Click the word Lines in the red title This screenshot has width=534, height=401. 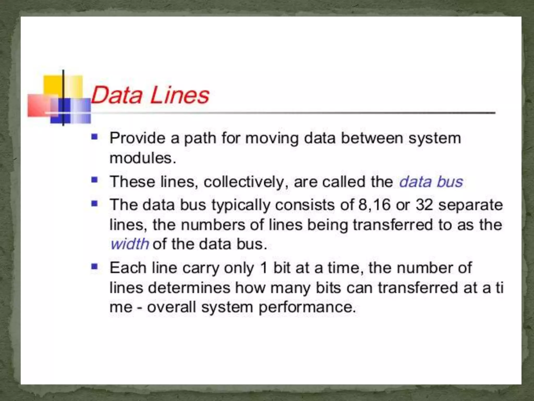coord(180,95)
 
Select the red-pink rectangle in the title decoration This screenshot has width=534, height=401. coord(39,105)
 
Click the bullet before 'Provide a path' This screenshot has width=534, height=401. coord(94,137)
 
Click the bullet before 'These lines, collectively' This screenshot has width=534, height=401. coord(94,180)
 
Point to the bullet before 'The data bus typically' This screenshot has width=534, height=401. coord(94,203)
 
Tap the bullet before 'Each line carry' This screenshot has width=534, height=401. coord(94,267)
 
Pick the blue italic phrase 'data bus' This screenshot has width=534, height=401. coord(431,182)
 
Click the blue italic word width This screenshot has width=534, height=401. coord(130,244)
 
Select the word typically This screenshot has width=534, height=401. coord(241,205)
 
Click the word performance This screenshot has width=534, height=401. coord(307,307)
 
